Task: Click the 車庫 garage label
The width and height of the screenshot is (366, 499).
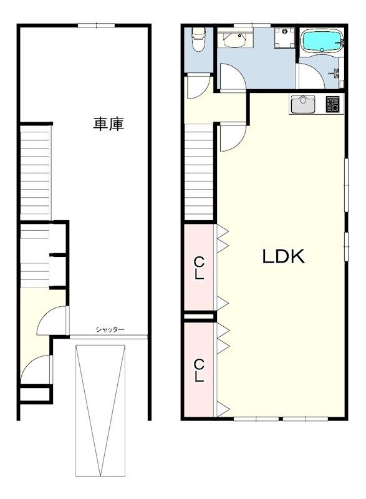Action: [108, 124]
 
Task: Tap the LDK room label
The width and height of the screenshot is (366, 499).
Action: [283, 256]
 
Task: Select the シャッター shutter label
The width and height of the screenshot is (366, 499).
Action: [110, 330]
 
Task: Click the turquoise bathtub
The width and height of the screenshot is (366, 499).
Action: [322, 41]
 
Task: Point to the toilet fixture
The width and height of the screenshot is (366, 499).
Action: [199, 39]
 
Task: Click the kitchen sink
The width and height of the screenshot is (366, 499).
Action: [302, 104]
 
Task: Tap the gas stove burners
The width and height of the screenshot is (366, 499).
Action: [333, 104]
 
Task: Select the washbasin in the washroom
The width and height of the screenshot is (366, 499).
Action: [235, 39]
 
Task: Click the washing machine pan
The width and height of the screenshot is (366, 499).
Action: [284, 38]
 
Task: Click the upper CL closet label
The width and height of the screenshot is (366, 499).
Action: [200, 268]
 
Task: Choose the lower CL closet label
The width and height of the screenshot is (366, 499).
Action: [200, 370]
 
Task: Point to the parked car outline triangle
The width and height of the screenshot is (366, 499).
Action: [100, 410]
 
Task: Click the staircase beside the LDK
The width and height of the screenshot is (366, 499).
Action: [199, 172]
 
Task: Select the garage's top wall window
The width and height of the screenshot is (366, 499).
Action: [97, 26]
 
